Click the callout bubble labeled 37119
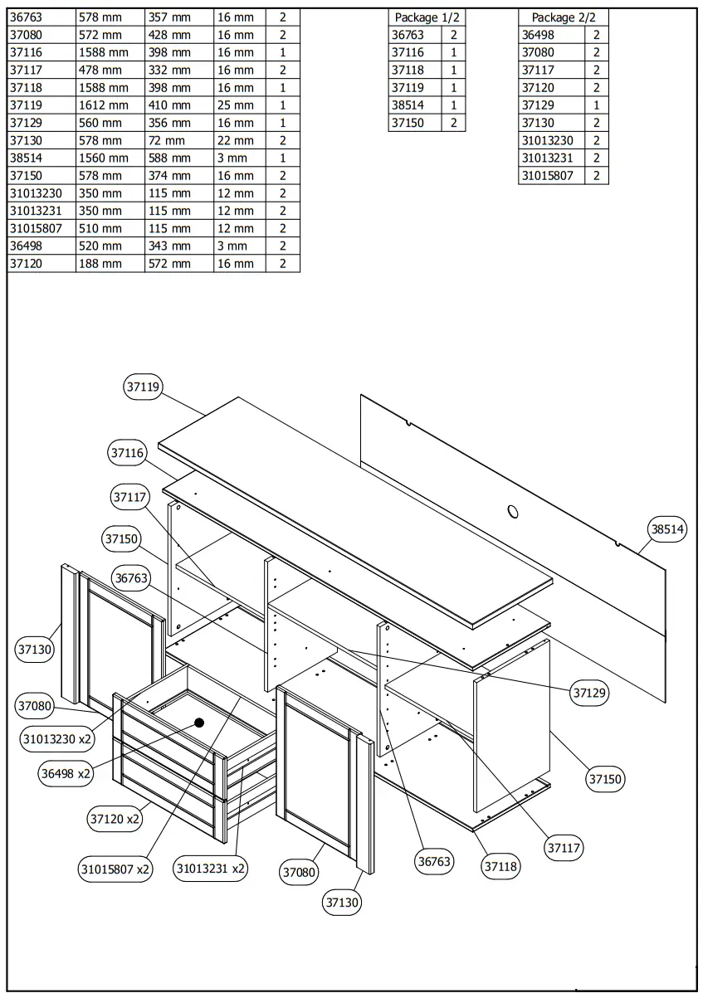[x=144, y=387]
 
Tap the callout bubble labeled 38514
[x=668, y=528]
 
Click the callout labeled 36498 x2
[x=66, y=773]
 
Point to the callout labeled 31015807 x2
[x=115, y=869]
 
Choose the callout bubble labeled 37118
[x=501, y=866]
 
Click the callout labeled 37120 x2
[x=115, y=819]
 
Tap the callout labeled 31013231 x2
[x=210, y=869]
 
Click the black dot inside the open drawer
[x=199, y=723]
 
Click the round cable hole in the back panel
[x=514, y=511]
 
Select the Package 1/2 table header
[x=426, y=17]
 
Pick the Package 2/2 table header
[x=564, y=17]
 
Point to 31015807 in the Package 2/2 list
[x=547, y=175]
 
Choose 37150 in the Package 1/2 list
[x=408, y=123]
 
